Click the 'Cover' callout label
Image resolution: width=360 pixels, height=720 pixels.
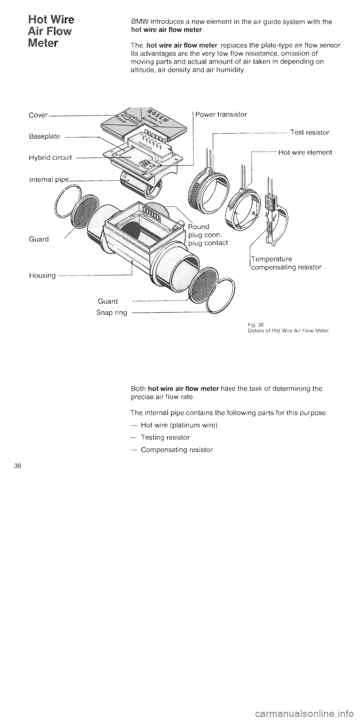click(38, 115)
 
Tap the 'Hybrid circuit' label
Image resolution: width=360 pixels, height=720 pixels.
click(51, 158)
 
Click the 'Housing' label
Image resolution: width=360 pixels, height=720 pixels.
click(42, 276)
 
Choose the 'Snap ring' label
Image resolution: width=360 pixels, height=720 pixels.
click(111, 313)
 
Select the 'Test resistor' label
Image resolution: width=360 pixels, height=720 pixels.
click(310, 132)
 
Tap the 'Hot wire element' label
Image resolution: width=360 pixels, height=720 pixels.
click(305, 153)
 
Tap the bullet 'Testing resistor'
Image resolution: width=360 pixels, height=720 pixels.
click(165, 438)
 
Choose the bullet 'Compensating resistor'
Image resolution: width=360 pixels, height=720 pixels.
click(177, 450)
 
